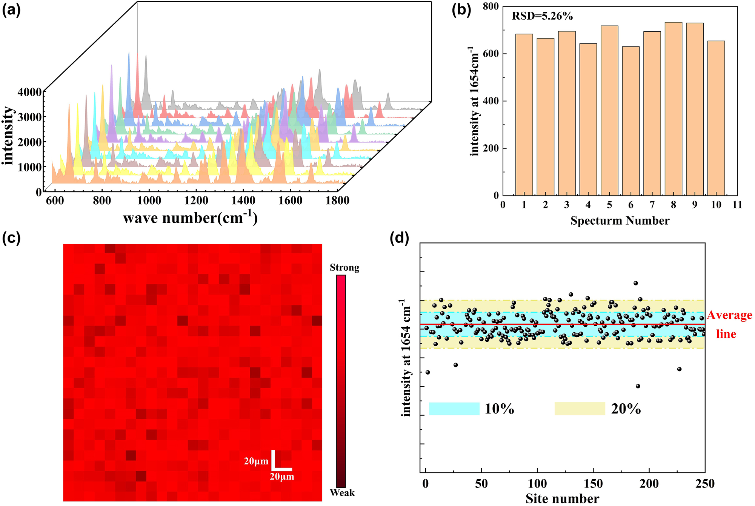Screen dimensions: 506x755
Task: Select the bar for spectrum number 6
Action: point(630,121)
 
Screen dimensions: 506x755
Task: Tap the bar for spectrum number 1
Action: point(524,115)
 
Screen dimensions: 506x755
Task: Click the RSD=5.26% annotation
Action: point(542,16)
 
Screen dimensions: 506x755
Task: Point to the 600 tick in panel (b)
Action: point(491,54)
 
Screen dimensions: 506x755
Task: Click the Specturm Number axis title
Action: point(620,221)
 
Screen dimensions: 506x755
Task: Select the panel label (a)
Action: point(11,10)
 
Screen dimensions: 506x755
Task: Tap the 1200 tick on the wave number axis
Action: point(196,201)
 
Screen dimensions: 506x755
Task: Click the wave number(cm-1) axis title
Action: point(191,218)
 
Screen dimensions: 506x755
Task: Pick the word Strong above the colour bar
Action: point(344,268)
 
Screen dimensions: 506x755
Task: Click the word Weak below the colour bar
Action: point(342,493)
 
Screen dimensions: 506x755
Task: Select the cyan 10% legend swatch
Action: point(454,409)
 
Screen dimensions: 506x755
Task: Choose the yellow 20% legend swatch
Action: point(580,409)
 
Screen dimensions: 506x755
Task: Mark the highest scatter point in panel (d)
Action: point(636,283)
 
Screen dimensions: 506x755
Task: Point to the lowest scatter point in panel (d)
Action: point(638,386)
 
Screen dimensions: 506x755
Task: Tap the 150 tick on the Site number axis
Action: point(593,484)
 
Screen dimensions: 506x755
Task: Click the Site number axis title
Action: point(562,499)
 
